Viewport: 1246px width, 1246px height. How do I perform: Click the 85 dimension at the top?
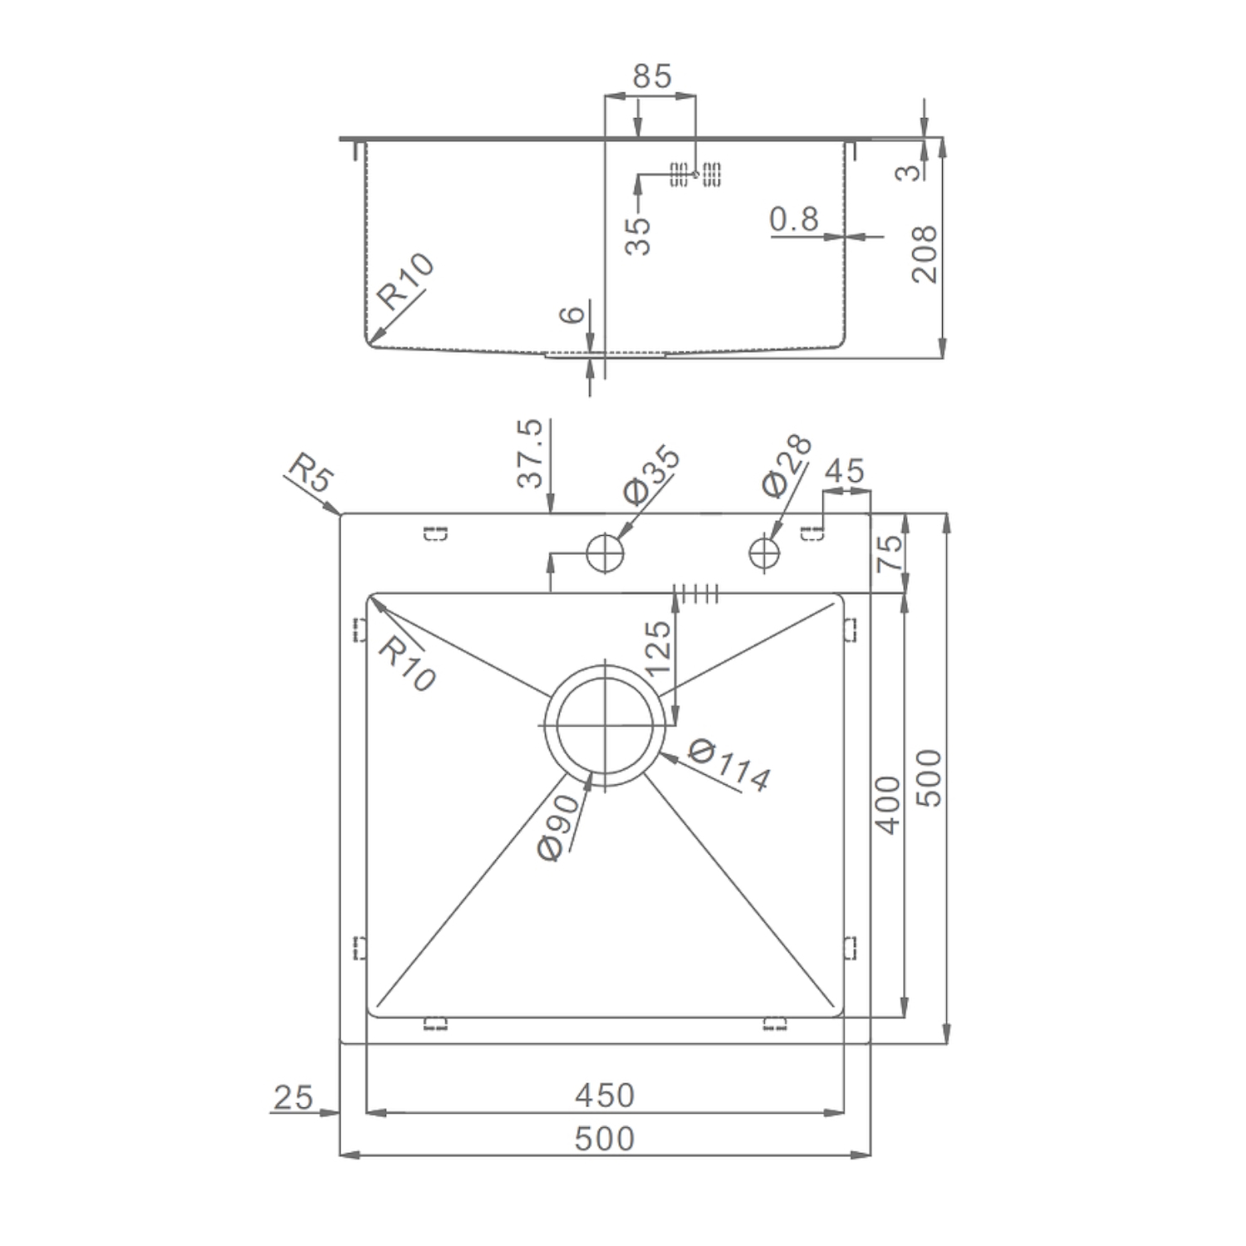(651, 76)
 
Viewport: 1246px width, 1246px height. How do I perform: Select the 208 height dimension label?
(924, 253)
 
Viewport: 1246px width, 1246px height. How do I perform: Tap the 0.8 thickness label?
(794, 219)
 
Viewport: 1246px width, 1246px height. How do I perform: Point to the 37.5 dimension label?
(529, 453)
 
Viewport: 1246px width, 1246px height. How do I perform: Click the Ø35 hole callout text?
(651, 475)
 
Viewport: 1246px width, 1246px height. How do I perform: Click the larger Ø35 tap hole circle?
(605, 552)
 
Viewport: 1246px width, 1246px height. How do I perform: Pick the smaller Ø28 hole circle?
(764, 552)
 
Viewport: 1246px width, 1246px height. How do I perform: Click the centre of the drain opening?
(606, 724)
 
